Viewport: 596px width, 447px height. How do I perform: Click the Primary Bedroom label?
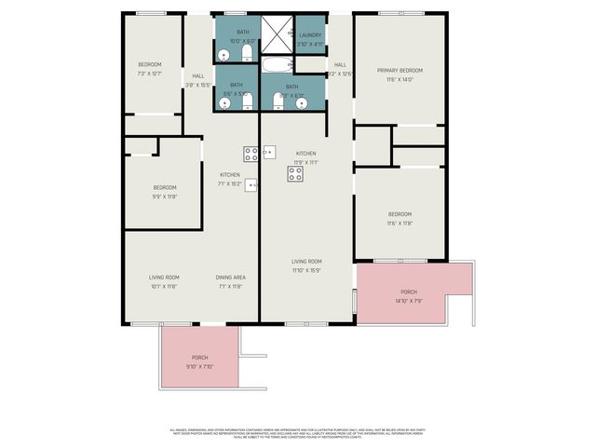(400, 71)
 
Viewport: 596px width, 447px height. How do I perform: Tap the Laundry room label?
(310, 35)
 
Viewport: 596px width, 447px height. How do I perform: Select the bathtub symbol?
(276, 65)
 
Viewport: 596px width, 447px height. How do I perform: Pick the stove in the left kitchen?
(251, 154)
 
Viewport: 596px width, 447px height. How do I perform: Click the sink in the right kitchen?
(268, 151)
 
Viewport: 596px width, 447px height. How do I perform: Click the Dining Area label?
(230, 278)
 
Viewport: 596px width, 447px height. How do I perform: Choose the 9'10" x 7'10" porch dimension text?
(200, 366)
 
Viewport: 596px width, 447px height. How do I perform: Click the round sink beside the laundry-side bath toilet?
(302, 103)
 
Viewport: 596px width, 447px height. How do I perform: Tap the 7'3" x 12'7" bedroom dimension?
(150, 73)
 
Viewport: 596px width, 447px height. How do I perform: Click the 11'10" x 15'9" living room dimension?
(306, 270)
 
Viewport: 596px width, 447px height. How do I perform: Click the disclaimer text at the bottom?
(298, 433)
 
